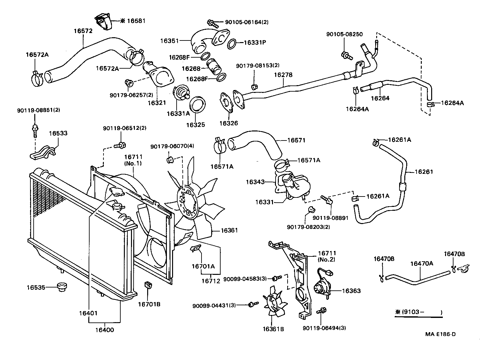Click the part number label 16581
click(136, 21)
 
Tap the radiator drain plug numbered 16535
click(60, 287)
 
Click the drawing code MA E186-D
click(440, 334)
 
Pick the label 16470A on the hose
click(421, 264)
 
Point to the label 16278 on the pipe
click(283, 75)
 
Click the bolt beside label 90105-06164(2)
click(212, 23)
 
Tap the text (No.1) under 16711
click(133, 163)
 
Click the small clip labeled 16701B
click(148, 285)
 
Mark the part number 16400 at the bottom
click(104, 330)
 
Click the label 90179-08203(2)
click(308, 227)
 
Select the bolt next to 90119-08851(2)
click(35, 129)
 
